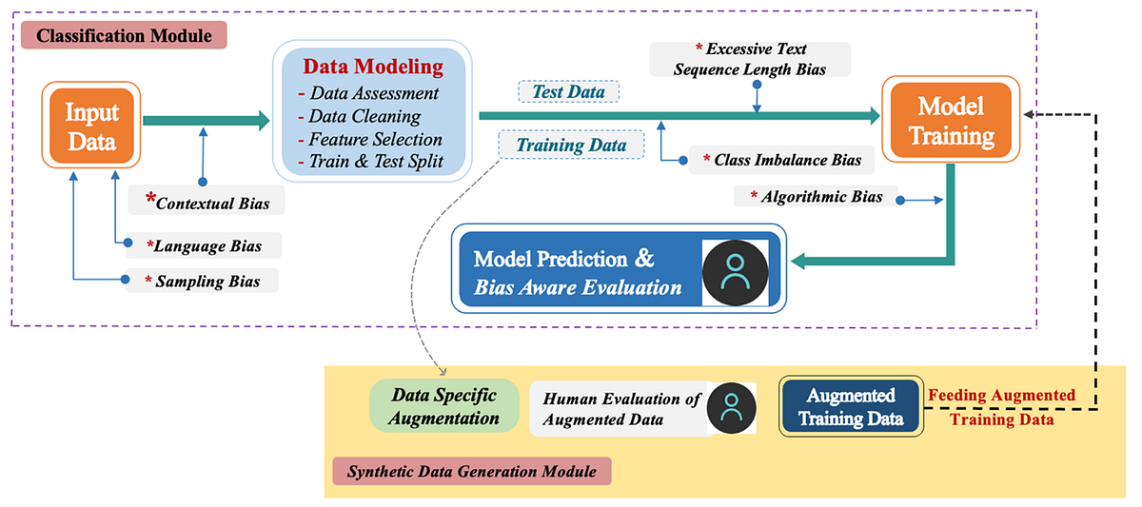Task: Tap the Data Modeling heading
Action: coord(373,67)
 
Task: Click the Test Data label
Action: coord(568,91)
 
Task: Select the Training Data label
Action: coord(571,146)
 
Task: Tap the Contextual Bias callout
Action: coord(207,202)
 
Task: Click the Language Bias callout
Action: coord(204,246)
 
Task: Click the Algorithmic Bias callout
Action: coord(816,197)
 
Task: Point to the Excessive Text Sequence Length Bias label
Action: coord(750,59)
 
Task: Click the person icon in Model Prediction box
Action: coord(735,270)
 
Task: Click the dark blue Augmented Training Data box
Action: coord(850,406)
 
